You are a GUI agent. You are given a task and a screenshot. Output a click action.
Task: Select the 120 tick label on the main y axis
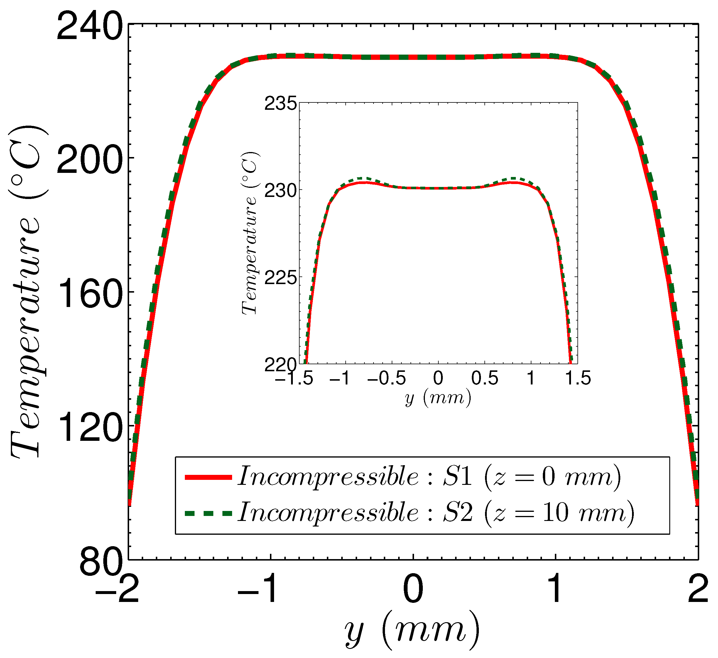click(x=89, y=429)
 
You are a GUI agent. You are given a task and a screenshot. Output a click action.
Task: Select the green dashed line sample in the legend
click(x=208, y=513)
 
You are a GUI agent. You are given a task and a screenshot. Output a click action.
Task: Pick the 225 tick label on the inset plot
click(x=280, y=278)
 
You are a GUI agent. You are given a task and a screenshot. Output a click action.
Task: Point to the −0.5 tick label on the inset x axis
click(x=386, y=378)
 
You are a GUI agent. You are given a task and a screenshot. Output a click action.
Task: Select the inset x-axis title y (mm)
click(x=438, y=398)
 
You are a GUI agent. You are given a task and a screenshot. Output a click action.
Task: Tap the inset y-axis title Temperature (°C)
click(x=250, y=233)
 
